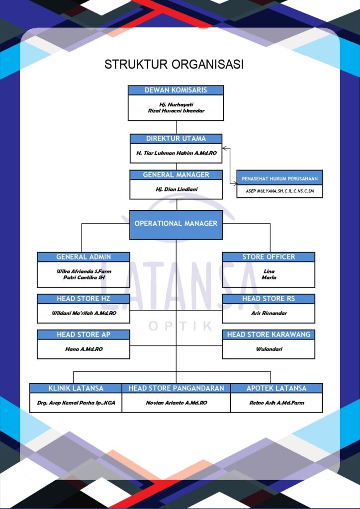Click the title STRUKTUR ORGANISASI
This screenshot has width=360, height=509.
click(x=174, y=65)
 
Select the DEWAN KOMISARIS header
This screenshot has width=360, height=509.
click(x=176, y=90)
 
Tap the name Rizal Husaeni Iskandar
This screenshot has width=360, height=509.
click(x=176, y=111)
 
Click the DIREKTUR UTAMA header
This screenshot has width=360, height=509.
click(x=176, y=139)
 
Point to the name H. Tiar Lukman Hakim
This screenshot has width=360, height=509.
click(x=176, y=154)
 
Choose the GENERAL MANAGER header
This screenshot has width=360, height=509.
click(x=176, y=175)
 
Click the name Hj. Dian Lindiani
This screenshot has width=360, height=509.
click(x=176, y=189)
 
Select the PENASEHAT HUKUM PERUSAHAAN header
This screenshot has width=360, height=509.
click(x=279, y=178)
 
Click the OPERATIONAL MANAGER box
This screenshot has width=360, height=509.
click(x=176, y=224)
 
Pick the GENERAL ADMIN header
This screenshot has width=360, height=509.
click(x=83, y=257)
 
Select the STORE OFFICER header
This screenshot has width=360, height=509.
click(x=268, y=257)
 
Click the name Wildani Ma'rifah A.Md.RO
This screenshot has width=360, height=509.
click(x=83, y=314)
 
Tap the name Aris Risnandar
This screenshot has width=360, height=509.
click(x=268, y=314)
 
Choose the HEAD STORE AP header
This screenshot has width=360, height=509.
click(x=83, y=335)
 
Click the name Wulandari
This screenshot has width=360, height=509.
click(x=268, y=349)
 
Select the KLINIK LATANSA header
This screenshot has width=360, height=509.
click(x=76, y=388)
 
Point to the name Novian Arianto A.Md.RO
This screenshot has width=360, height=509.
click(x=176, y=403)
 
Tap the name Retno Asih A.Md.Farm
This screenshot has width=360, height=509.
click(x=276, y=403)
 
